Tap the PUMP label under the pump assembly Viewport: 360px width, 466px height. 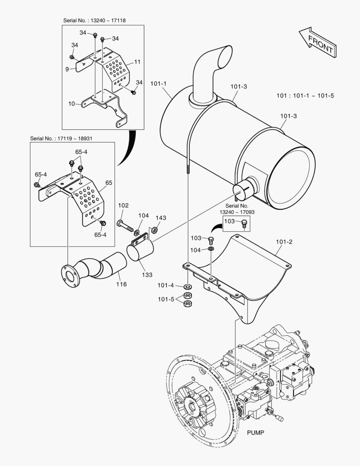[x=255, y=432]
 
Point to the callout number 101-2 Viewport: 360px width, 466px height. [x=284, y=242]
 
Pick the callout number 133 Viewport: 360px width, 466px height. [x=147, y=274]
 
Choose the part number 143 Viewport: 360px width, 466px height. [x=160, y=218]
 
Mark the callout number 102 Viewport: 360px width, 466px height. [x=123, y=206]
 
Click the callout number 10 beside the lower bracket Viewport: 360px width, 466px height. [x=72, y=104]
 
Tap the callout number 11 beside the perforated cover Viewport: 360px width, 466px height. [x=137, y=62]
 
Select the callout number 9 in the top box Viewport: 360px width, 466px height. [x=67, y=69]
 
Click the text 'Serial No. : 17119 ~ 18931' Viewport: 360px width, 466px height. [x=61, y=138]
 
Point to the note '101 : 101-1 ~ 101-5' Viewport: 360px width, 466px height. [x=305, y=96]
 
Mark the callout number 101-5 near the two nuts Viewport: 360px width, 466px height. [x=166, y=299]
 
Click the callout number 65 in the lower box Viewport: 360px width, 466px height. [x=109, y=183]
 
